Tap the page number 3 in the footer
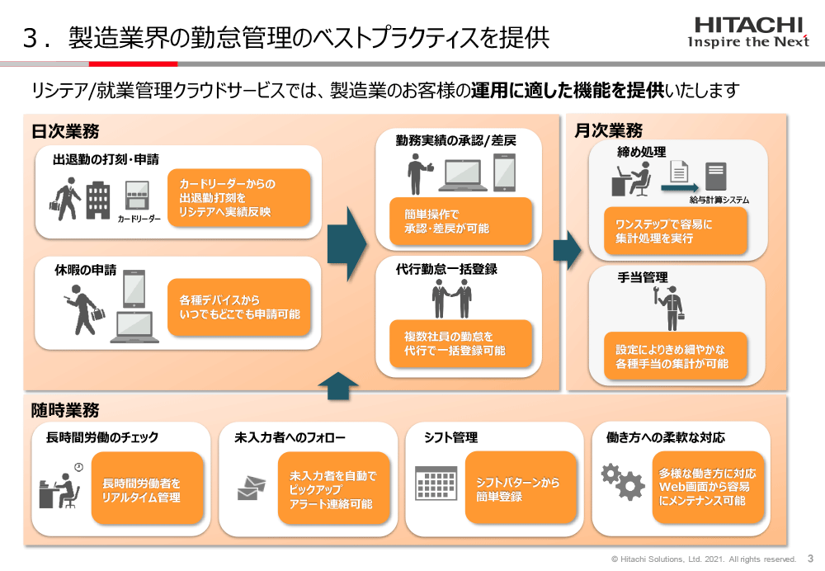(809, 559)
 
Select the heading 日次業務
(65, 131)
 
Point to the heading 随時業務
(65, 410)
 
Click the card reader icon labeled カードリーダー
(137, 196)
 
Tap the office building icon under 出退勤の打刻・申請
(98, 199)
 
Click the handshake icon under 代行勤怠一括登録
(453, 298)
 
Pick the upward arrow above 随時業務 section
(337, 385)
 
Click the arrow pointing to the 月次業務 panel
(567, 246)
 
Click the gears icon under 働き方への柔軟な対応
(622, 481)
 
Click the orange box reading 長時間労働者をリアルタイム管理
(146, 489)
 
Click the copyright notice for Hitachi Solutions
(704, 559)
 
